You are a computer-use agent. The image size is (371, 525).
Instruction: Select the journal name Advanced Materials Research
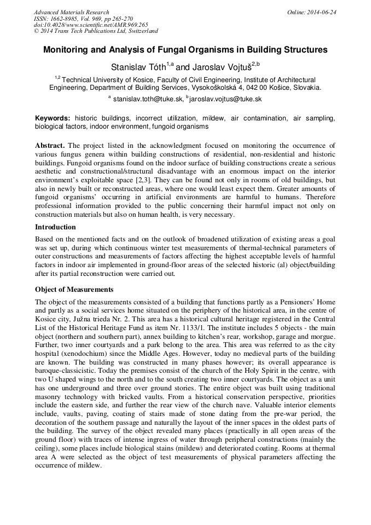71,12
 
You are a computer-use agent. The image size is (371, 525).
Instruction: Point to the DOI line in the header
90,25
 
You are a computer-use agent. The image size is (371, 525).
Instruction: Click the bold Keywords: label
53,118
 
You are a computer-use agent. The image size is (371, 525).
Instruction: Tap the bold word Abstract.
50,146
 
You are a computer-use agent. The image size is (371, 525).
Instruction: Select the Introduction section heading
55,227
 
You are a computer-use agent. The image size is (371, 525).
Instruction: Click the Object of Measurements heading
74,289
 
